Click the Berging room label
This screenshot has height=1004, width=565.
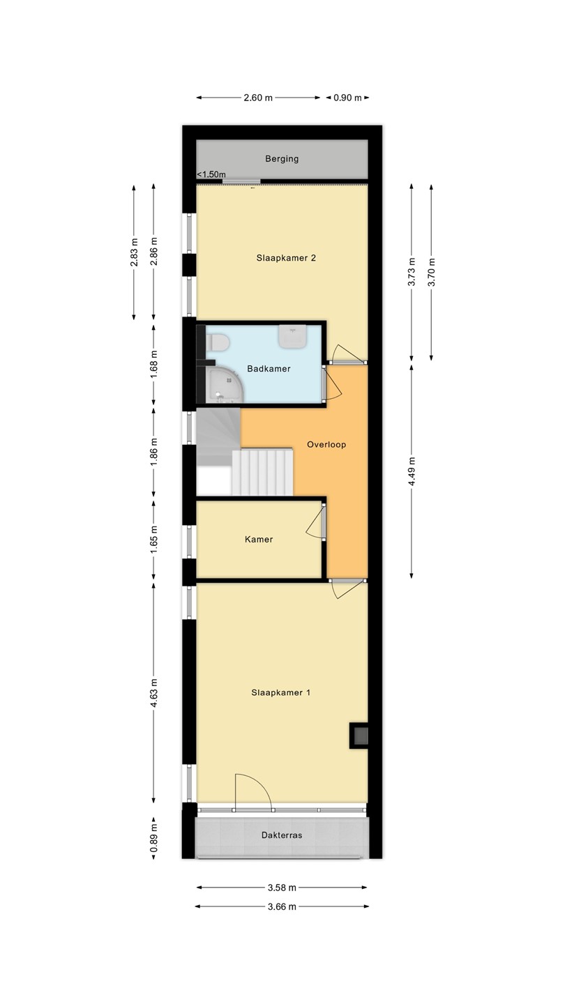282,159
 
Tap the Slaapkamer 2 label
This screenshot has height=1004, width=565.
286,258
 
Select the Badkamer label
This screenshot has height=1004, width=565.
269,368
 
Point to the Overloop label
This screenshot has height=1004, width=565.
326,445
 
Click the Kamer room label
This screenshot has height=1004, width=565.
259,539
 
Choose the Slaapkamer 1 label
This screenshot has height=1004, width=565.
280,692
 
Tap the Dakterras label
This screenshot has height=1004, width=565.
282,835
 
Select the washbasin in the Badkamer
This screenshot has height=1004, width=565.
292,336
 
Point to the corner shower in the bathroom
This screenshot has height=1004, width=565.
224,385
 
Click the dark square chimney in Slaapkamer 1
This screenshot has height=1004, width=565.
359,736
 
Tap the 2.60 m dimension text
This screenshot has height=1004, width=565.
258,98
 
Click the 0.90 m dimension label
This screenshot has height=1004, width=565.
347,98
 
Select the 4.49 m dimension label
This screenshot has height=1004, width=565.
412,471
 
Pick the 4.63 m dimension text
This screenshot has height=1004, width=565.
153,693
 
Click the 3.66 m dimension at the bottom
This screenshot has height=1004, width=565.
282,906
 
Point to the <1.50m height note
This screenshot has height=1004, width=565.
211,174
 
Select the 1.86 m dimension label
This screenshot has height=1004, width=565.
153,452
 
